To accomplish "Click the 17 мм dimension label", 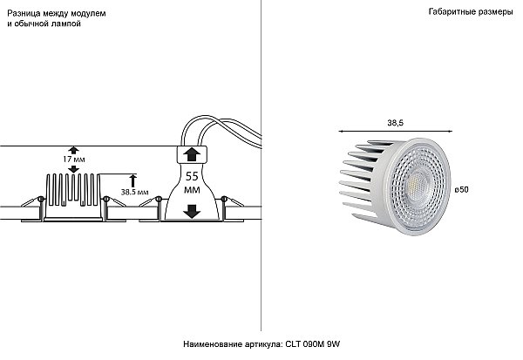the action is (x=74, y=160).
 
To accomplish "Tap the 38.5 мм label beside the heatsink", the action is (x=135, y=192).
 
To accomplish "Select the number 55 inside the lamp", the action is (x=192, y=176).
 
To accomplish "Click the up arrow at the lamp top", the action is (x=192, y=155).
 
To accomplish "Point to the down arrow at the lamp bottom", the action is (x=192, y=212).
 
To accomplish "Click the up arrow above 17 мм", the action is (x=74, y=150).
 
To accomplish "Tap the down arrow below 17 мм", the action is (x=74, y=169).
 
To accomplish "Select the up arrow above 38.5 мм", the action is (x=133, y=180).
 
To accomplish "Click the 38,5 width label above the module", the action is (x=395, y=123).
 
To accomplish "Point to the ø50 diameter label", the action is (x=462, y=189).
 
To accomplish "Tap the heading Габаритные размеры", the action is (x=471, y=12).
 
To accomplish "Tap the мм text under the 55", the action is (x=192, y=190).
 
